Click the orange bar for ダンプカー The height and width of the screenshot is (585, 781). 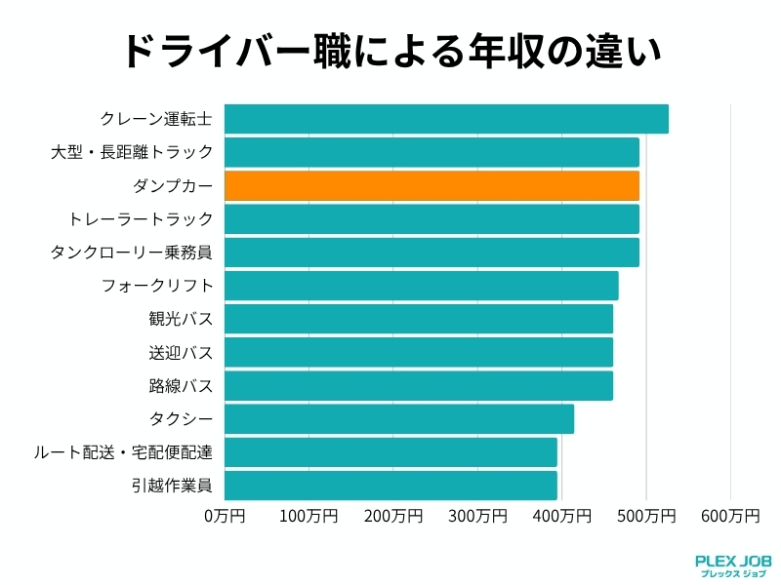[432, 185]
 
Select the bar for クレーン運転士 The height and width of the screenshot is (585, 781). [446, 119]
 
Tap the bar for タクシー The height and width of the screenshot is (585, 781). [398, 419]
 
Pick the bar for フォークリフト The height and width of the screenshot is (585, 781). [421, 286]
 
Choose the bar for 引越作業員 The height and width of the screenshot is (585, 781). [390, 485]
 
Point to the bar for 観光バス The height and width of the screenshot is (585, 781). [418, 319]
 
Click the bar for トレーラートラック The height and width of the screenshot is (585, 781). [432, 218]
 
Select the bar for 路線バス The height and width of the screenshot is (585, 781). [418, 385]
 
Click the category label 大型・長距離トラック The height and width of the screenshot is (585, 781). [131, 152]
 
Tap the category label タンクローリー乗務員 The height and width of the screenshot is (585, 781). [131, 253]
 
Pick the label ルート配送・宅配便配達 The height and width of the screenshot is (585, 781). [123, 452]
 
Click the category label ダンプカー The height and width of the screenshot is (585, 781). [173, 185]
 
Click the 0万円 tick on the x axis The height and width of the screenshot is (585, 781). [225, 514]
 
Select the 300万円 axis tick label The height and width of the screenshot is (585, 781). [477, 514]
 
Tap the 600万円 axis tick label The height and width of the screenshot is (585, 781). [730, 514]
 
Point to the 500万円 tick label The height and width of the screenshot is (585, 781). [646, 514]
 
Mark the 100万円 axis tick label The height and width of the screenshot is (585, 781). [308, 514]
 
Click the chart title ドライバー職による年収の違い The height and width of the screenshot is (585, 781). [390, 52]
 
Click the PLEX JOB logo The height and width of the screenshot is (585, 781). [733, 565]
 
